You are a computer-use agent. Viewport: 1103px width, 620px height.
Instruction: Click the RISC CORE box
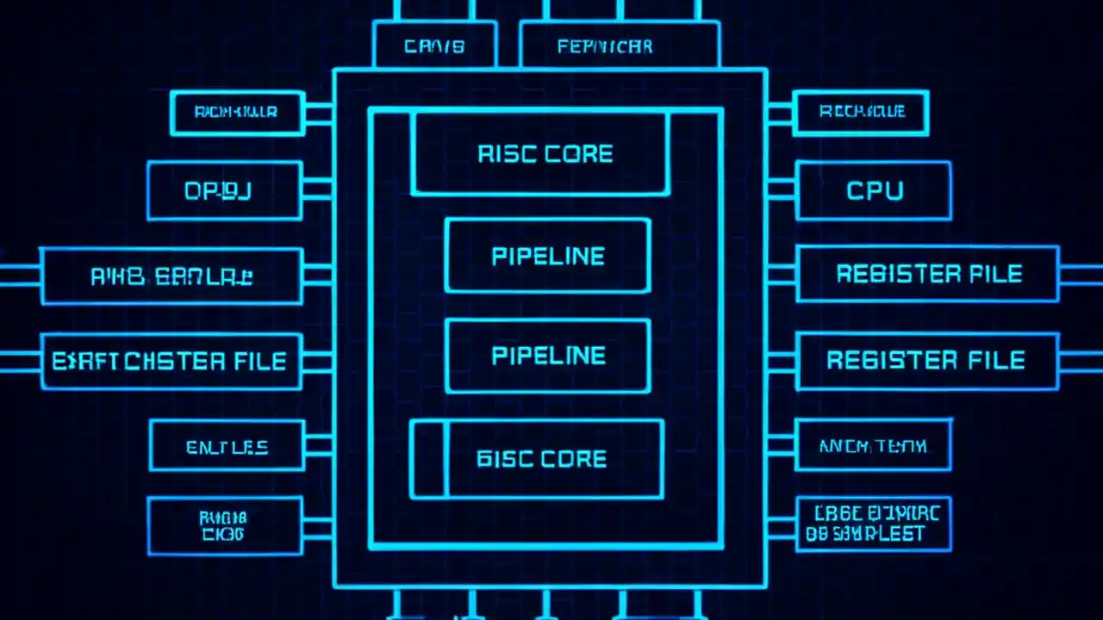point(540,154)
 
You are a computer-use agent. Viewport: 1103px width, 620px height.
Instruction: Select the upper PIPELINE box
point(547,256)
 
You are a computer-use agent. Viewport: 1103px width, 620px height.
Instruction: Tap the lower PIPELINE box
point(547,356)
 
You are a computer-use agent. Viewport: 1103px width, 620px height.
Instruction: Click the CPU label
point(874,190)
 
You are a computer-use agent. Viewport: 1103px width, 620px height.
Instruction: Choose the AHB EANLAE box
point(171,276)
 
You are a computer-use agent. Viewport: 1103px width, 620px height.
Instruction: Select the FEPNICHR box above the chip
point(619,46)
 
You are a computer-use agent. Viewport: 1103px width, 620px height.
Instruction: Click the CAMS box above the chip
point(434,46)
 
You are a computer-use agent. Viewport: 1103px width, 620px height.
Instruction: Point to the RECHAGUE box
point(860,112)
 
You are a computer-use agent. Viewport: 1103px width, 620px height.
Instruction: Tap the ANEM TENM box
point(872,445)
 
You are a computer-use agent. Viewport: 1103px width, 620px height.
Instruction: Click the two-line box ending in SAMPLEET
point(872,524)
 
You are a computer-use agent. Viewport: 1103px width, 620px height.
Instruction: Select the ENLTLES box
point(227,446)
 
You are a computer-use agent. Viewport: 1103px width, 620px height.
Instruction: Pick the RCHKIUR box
point(237,112)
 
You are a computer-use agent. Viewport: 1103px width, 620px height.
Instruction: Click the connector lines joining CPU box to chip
point(781,190)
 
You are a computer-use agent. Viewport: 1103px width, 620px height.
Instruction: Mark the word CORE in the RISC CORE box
point(578,154)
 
